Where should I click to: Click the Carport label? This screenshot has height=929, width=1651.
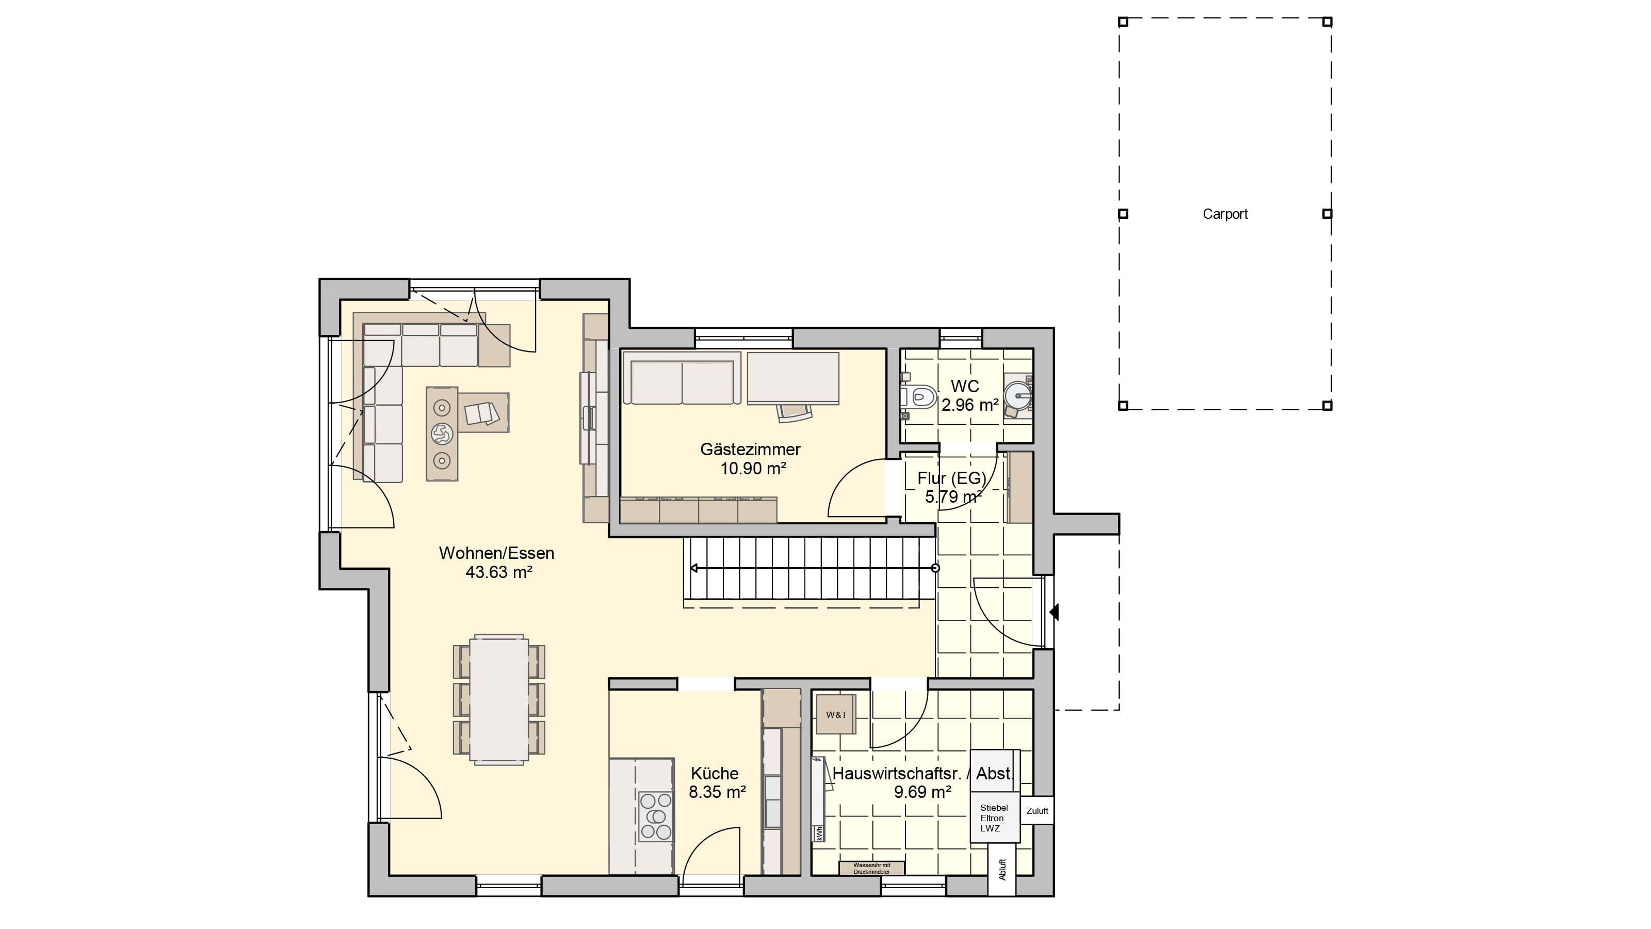point(1225,214)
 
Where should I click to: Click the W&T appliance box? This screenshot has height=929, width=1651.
point(836,714)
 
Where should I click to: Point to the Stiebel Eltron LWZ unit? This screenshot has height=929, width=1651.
point(994,819)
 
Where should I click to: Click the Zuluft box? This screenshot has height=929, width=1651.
point(1037,811)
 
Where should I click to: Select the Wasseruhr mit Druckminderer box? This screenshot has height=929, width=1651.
point(871,868)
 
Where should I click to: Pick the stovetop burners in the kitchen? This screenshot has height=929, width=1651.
point(656,816)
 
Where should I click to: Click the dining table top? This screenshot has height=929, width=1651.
point(499,699)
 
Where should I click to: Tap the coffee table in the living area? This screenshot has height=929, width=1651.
point(442,434)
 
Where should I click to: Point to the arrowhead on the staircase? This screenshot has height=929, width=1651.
point(694,568)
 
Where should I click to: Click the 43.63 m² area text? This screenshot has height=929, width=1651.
point(498,572)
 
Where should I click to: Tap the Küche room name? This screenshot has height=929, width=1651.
point(715,773)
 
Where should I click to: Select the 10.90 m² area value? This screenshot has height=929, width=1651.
point(753,469)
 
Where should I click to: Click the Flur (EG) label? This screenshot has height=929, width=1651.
point(952,478)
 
